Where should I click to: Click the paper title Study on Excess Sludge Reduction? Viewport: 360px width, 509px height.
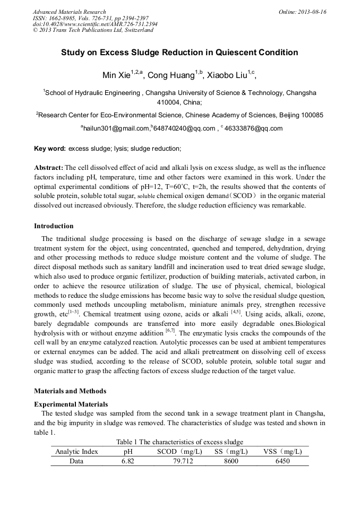pyautogui.click(x=179, y=53)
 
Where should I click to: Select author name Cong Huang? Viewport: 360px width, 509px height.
pyautogui.click(x=168, y=75)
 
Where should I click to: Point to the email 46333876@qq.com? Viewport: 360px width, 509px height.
pyautogui.click(x=254, y=128)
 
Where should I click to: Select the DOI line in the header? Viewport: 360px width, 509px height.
pyautogui.click(x=95, y=24)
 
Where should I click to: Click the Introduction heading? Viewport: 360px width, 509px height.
pyautogui.click(x=54, y=226)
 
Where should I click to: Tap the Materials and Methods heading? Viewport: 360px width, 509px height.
pyautogui.click(x=70, y=391)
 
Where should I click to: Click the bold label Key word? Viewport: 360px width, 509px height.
pyautogui.click(x=50, y=149)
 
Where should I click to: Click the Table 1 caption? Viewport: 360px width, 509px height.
pyautogui.click(x=179, y=442)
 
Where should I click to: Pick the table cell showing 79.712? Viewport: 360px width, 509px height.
pyautogui.click(x=179, y=461)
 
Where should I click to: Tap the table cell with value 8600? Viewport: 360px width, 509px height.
pyautogui.click(x=230, y=461)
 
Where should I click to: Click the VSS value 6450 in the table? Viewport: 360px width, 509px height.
pyautogui.click(x=282, y=461)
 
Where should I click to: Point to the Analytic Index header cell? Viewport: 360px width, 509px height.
pyautogui.click(x=76, y=452)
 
